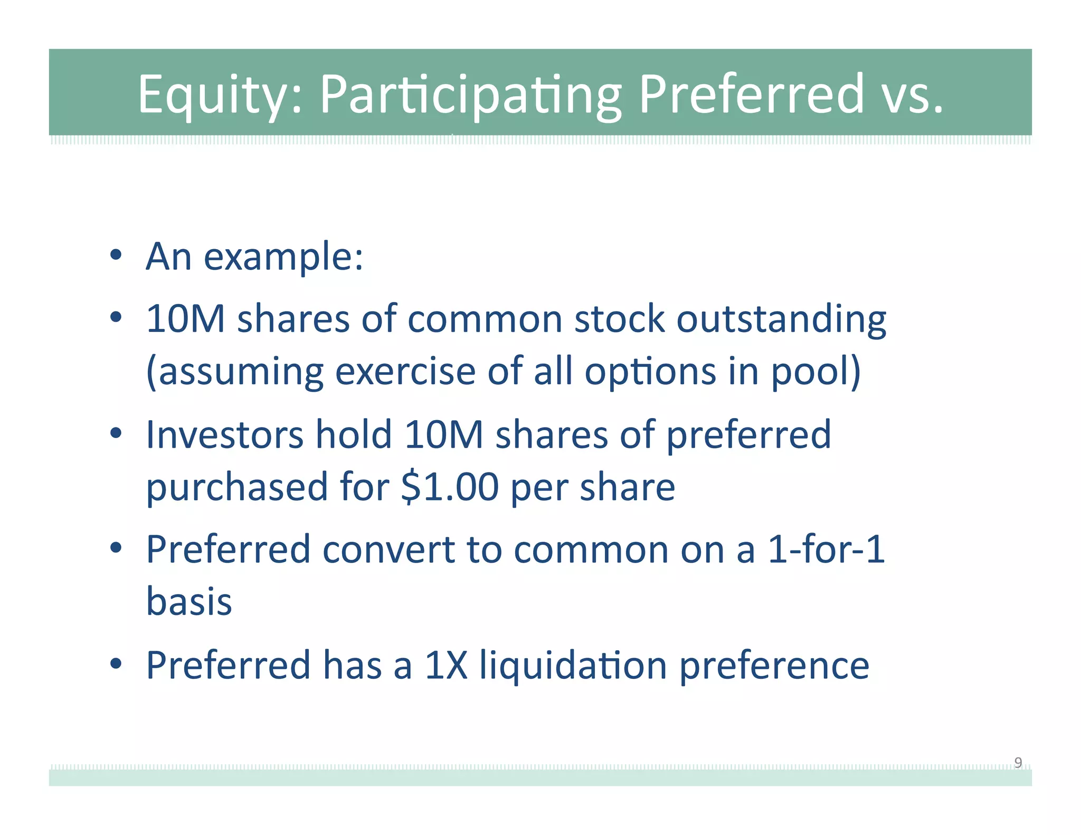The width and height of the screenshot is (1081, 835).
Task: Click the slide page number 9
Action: tap(1018, 762)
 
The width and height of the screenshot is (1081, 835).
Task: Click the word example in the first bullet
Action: tap(283, 258)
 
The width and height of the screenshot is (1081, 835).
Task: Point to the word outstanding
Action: tap(781, 319)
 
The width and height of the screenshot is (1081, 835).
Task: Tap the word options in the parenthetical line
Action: tap(650, 372)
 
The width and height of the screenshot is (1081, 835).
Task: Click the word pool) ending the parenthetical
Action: tap(816, 372)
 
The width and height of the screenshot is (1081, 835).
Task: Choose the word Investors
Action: tap(224, 434)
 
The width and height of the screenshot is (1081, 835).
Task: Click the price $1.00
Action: tap(450, 487)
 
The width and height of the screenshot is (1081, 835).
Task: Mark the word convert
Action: tap(388, 549)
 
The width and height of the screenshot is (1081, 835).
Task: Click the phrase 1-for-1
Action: tap(826, 549)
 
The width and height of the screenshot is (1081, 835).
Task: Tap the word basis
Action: tap(189, 602)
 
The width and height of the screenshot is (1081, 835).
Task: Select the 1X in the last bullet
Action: tap(446, 665)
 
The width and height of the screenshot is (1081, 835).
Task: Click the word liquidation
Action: tap(573, 665)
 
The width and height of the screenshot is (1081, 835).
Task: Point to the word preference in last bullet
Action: tap(774, 665)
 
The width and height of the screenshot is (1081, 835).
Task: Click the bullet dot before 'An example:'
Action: tap(116, 256)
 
